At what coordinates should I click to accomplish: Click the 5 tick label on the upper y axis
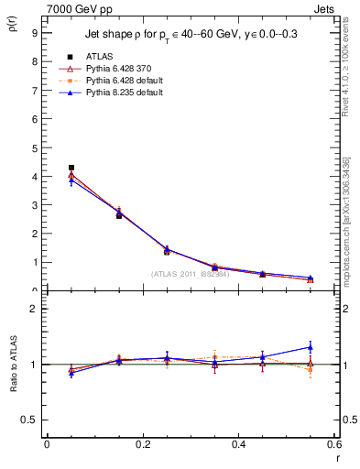point(34,147)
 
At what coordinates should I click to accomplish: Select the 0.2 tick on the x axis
point(142,444)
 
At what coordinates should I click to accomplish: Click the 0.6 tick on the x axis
point(334,444)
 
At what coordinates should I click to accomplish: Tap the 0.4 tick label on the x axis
point(238,444)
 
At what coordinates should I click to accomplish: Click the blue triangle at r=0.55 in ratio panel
point(310,347)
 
